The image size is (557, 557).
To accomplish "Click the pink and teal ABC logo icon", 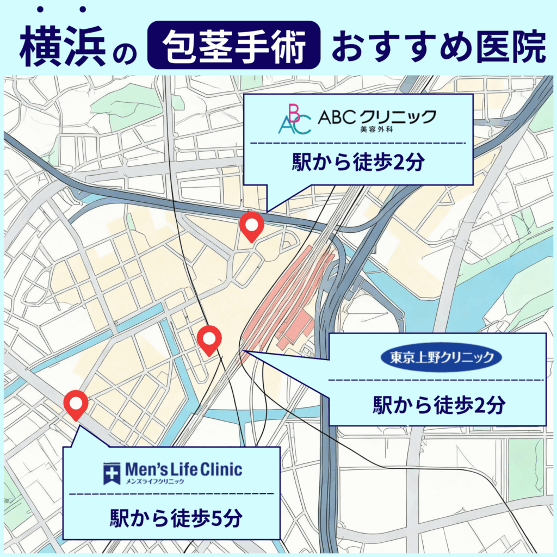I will click(295, 119).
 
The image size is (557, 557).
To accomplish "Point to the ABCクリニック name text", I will click(377, 116).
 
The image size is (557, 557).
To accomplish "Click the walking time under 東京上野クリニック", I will click(440, 405).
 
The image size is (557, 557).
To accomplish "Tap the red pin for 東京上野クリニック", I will click(209, 339).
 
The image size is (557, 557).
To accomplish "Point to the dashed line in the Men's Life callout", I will click(172, 494).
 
